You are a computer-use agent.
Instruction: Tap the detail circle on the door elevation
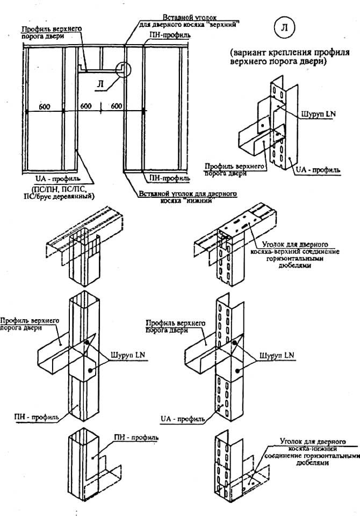pos(123,69)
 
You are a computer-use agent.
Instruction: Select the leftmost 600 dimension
pos(45,107)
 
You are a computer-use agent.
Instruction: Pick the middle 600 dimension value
pos(86,107)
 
